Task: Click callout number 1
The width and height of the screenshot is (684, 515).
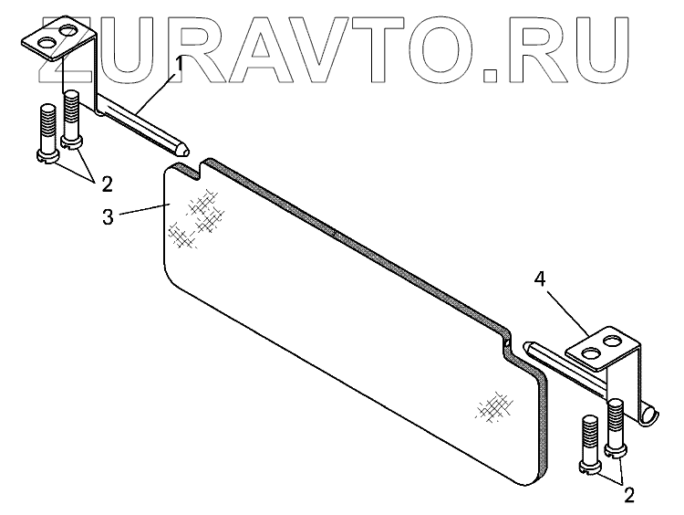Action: click(180, 63)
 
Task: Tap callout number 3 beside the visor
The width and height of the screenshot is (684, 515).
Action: click(108, 219)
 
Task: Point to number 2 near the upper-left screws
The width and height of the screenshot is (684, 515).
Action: click(107, 184)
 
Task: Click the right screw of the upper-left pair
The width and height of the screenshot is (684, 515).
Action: click(72, 120)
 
